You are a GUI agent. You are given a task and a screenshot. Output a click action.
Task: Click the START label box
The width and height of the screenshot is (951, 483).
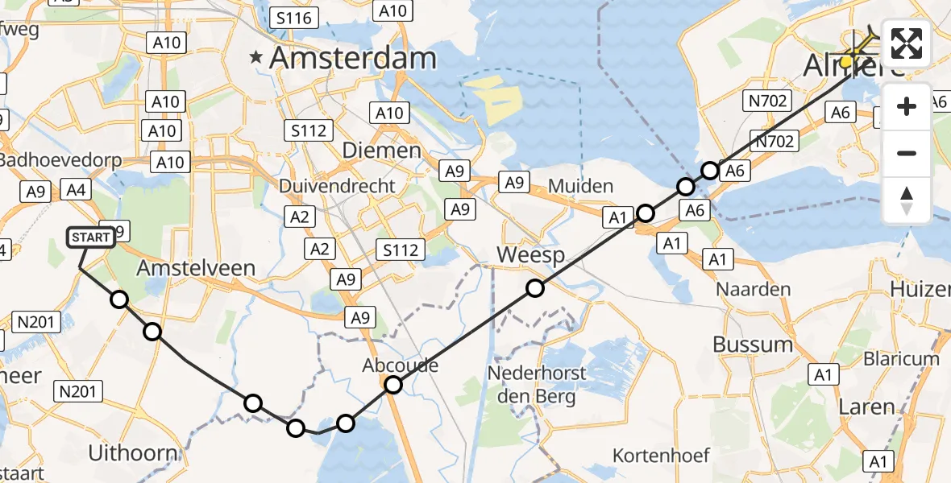pyautogui.click(x=90, y=237)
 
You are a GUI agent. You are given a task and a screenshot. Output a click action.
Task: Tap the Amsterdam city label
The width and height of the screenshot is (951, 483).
pyautogui.click(x=352, y=58)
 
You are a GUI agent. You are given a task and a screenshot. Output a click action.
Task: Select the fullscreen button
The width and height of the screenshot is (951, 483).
pyautogui.click(x=907, y=43)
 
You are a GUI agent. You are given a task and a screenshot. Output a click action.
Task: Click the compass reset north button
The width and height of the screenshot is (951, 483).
pyautogui.click(x=907, y=200)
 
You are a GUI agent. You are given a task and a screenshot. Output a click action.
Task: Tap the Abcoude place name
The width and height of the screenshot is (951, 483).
pyautogui.click(x=400, y=365)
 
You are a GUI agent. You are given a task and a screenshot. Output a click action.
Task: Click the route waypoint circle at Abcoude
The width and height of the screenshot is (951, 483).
pyautogui.click(x=392, y=385)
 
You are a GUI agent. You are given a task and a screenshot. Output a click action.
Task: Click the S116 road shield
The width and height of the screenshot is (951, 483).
pyautogui.click(x=295, y=17)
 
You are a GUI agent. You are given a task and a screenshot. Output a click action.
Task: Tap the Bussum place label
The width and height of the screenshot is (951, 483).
pyautogui.click(x=753, y=344)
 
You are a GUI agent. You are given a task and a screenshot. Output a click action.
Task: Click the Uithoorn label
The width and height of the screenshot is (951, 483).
pyautogui.click(x=133, y=452)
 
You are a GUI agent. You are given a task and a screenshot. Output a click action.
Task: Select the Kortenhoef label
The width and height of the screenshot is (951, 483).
pyautogui.click(x=661, y=456)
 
